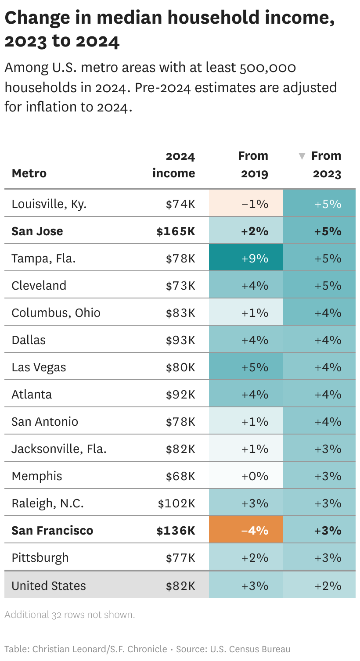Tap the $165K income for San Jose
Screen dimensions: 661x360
pos(176,231)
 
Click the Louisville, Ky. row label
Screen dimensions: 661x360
pos(49,204)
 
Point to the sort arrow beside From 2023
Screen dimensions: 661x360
pos(302,156)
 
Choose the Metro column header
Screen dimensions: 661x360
pos(29,173)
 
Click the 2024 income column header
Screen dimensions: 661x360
pos(174,165)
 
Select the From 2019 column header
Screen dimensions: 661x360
pos(253,165)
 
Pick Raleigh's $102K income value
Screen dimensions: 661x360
pos(176,503)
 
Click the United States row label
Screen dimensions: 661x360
pos(49,586)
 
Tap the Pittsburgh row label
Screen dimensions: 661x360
pos(40,558)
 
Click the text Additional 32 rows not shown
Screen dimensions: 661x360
pos(69,614)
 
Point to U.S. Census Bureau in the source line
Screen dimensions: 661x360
pos(250,649)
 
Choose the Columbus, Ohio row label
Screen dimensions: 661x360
pos(56,313)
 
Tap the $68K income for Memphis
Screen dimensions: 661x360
pos(180,476)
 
